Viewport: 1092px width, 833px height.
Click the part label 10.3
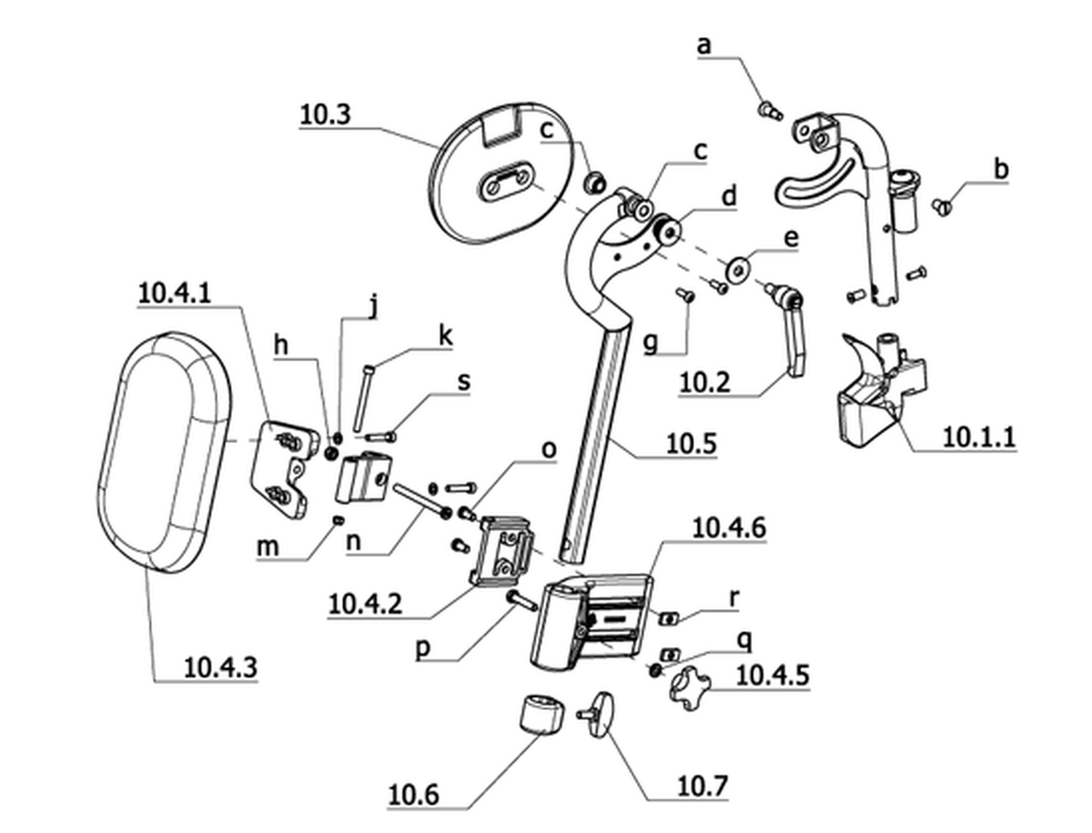[x=325, y=115]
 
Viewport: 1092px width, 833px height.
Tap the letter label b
[x=1000, y=168]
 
